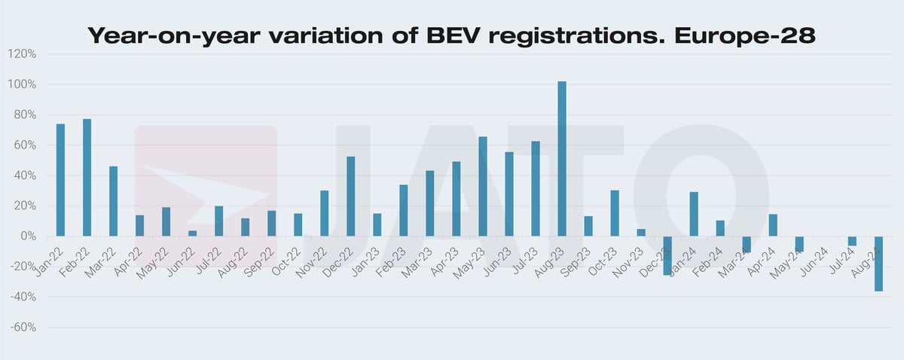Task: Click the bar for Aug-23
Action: pos(562,159)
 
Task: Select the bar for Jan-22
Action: pos(60,180)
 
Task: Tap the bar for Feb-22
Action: pos(87,178)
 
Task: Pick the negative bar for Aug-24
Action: pos(878,264)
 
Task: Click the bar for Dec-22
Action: pos(351,197)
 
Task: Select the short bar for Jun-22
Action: pos(192,233)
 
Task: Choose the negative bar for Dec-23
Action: pos(667,255)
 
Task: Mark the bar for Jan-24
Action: pos(694,214)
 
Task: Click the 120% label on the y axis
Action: pos(22,54)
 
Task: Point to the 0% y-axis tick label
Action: pos(27,236)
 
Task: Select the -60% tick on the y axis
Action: pos(22,328)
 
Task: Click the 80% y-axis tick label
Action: pos(24,115)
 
